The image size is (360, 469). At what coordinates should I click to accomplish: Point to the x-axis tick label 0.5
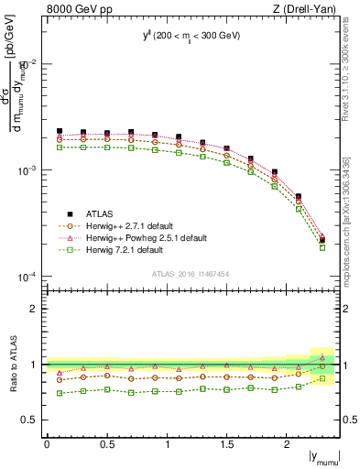coord(106,444)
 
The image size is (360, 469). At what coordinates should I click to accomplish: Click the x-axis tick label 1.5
coord(226,444)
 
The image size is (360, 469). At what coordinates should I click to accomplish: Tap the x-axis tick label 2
coord(287,444)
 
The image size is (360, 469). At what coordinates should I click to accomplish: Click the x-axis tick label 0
coord(47,444)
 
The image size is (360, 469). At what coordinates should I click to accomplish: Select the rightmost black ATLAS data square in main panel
coord(322,240)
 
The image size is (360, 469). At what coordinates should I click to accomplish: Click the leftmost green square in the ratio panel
coord(60,393)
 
